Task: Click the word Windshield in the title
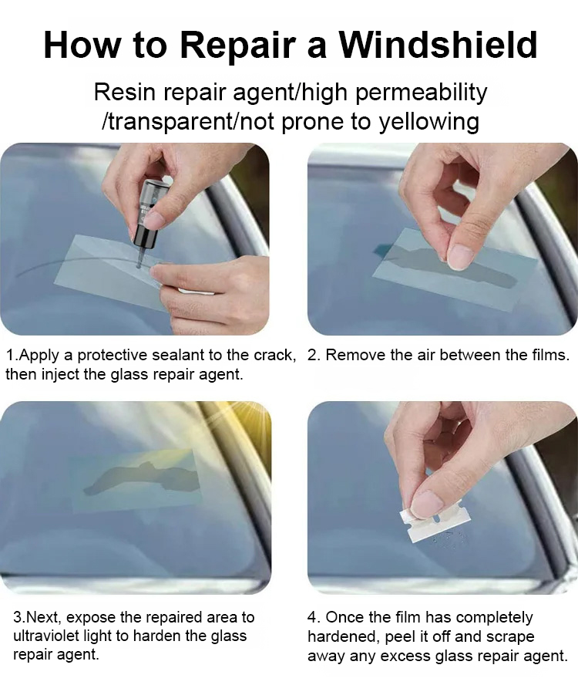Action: pos(439,45)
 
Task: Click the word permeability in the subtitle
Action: pos(421,93)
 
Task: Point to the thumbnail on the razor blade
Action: pos(425,504)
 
